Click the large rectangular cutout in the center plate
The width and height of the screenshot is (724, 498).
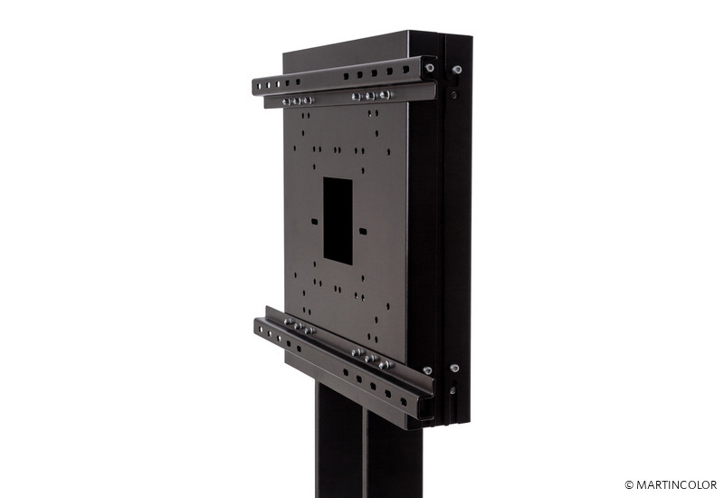(338, 221)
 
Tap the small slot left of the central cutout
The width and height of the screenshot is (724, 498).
(315, 221)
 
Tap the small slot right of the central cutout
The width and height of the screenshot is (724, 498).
(363, 231)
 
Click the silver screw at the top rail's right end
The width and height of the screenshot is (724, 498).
(429, 67)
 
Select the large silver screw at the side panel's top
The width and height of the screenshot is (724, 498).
(457, 70)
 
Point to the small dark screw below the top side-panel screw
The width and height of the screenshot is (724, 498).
(454, 95)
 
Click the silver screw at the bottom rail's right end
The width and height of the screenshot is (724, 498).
(427, 370)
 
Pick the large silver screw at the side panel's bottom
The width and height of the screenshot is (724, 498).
(454, 369)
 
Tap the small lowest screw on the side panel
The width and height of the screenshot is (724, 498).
(452, 391)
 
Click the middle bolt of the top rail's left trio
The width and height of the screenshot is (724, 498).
(298, 101)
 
